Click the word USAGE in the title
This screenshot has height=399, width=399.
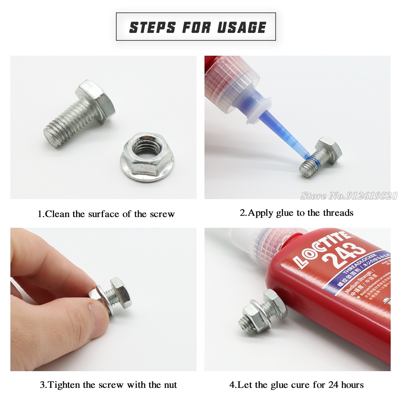(x=241, y=27)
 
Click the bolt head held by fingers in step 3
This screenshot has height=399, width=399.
(x=120, y=293)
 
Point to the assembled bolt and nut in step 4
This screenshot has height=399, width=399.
(x=262, y=312)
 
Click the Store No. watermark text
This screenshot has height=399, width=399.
(x=348, y=196)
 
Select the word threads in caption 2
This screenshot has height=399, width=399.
(x=337, y=213)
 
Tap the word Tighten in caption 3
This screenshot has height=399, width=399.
(x=65, y=385)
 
